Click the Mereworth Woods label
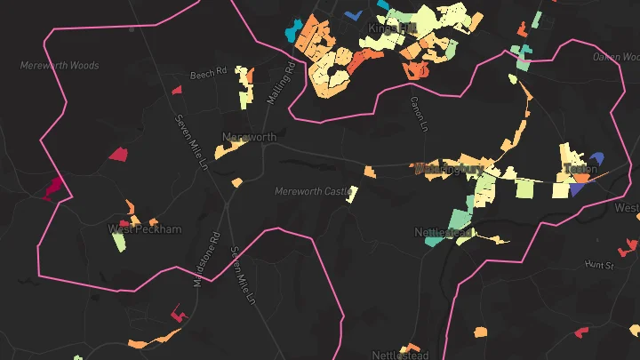[x=60, y=66]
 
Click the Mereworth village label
[x=250, y=138]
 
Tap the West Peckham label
[x=145, y=229]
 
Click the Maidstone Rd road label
[x=205, y=259]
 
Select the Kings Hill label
[x=392, y=29]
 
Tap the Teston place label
[x=580, y=168]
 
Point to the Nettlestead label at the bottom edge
[x=399, y=355]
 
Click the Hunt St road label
[x=600, y=265]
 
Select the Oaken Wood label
[x=618, y=57]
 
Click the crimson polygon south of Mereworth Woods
[x=118, y=154]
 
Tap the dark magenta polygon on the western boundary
[x=53, y=187]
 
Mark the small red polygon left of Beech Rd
[x=176, y=90]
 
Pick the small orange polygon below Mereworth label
[x=236, y=183]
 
